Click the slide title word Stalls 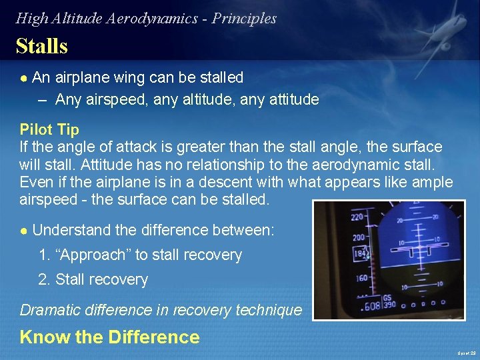[41, 46]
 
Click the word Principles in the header [244, 19]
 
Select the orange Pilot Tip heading [49, 129]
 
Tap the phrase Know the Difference [109, 337]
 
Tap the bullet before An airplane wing [23, 78]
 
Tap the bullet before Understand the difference [23, 231]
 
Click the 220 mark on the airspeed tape [357, 217]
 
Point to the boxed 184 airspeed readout [361, 254]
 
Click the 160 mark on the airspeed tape [361, 278]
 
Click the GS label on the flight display [387, 299]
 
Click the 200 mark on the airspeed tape [359, 237]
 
